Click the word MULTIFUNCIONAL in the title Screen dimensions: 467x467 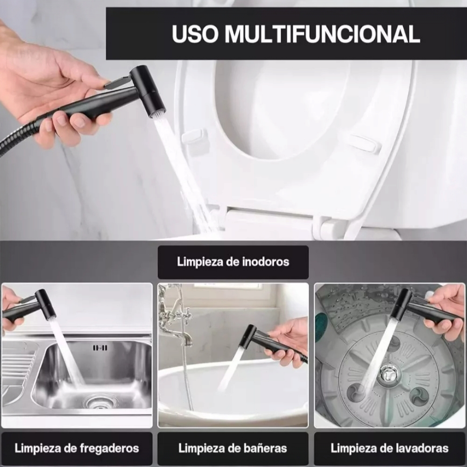click(322, 34)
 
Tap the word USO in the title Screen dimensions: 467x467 click(195, 34)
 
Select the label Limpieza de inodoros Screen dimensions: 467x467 click(233, 262)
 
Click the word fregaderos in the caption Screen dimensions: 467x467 click(109, 448)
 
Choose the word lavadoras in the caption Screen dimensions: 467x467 click(420, 448)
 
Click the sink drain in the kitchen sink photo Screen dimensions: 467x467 click(98, 402)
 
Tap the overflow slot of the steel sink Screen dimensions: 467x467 click(100, 347)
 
